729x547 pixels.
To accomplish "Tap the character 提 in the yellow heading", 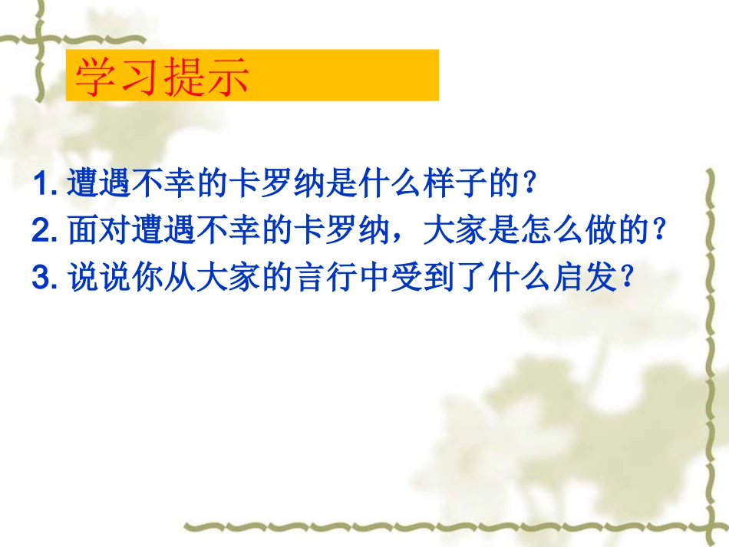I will (x=183, y=76).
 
